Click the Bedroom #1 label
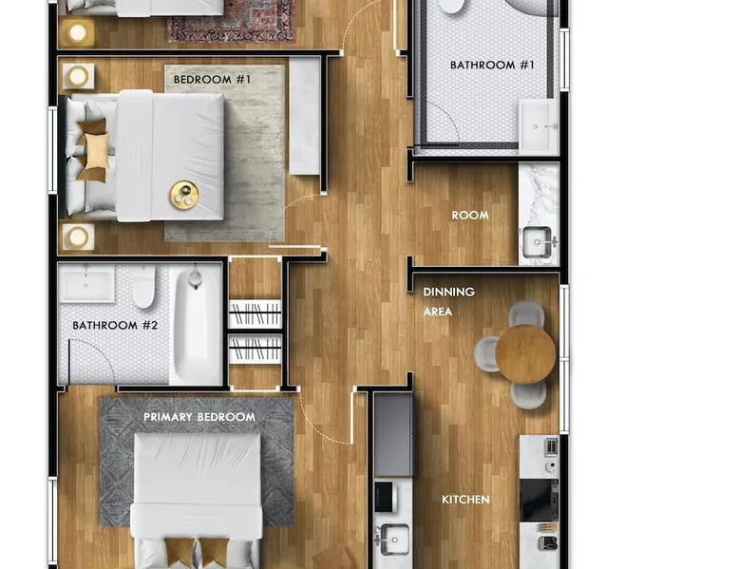tap(212, 79)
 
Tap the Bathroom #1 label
tap(492, 65)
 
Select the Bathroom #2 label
tap(115, 325)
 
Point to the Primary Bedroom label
tap(199, 417)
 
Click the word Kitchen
tap(465, 500)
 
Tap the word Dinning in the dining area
tap(448, 292)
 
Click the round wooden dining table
tap(525, 354)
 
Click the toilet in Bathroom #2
tap(143, 286)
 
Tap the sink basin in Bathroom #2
tap(86, 284)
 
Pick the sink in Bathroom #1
tap(539, 126)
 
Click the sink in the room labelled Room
tap(539, 243)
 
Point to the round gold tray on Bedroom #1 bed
tap(184, 195)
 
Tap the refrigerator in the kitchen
tap(393, 435)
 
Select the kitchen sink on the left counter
tap(394, 539)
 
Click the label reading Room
tap(470, 216)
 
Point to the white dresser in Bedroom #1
tap(305, 116)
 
